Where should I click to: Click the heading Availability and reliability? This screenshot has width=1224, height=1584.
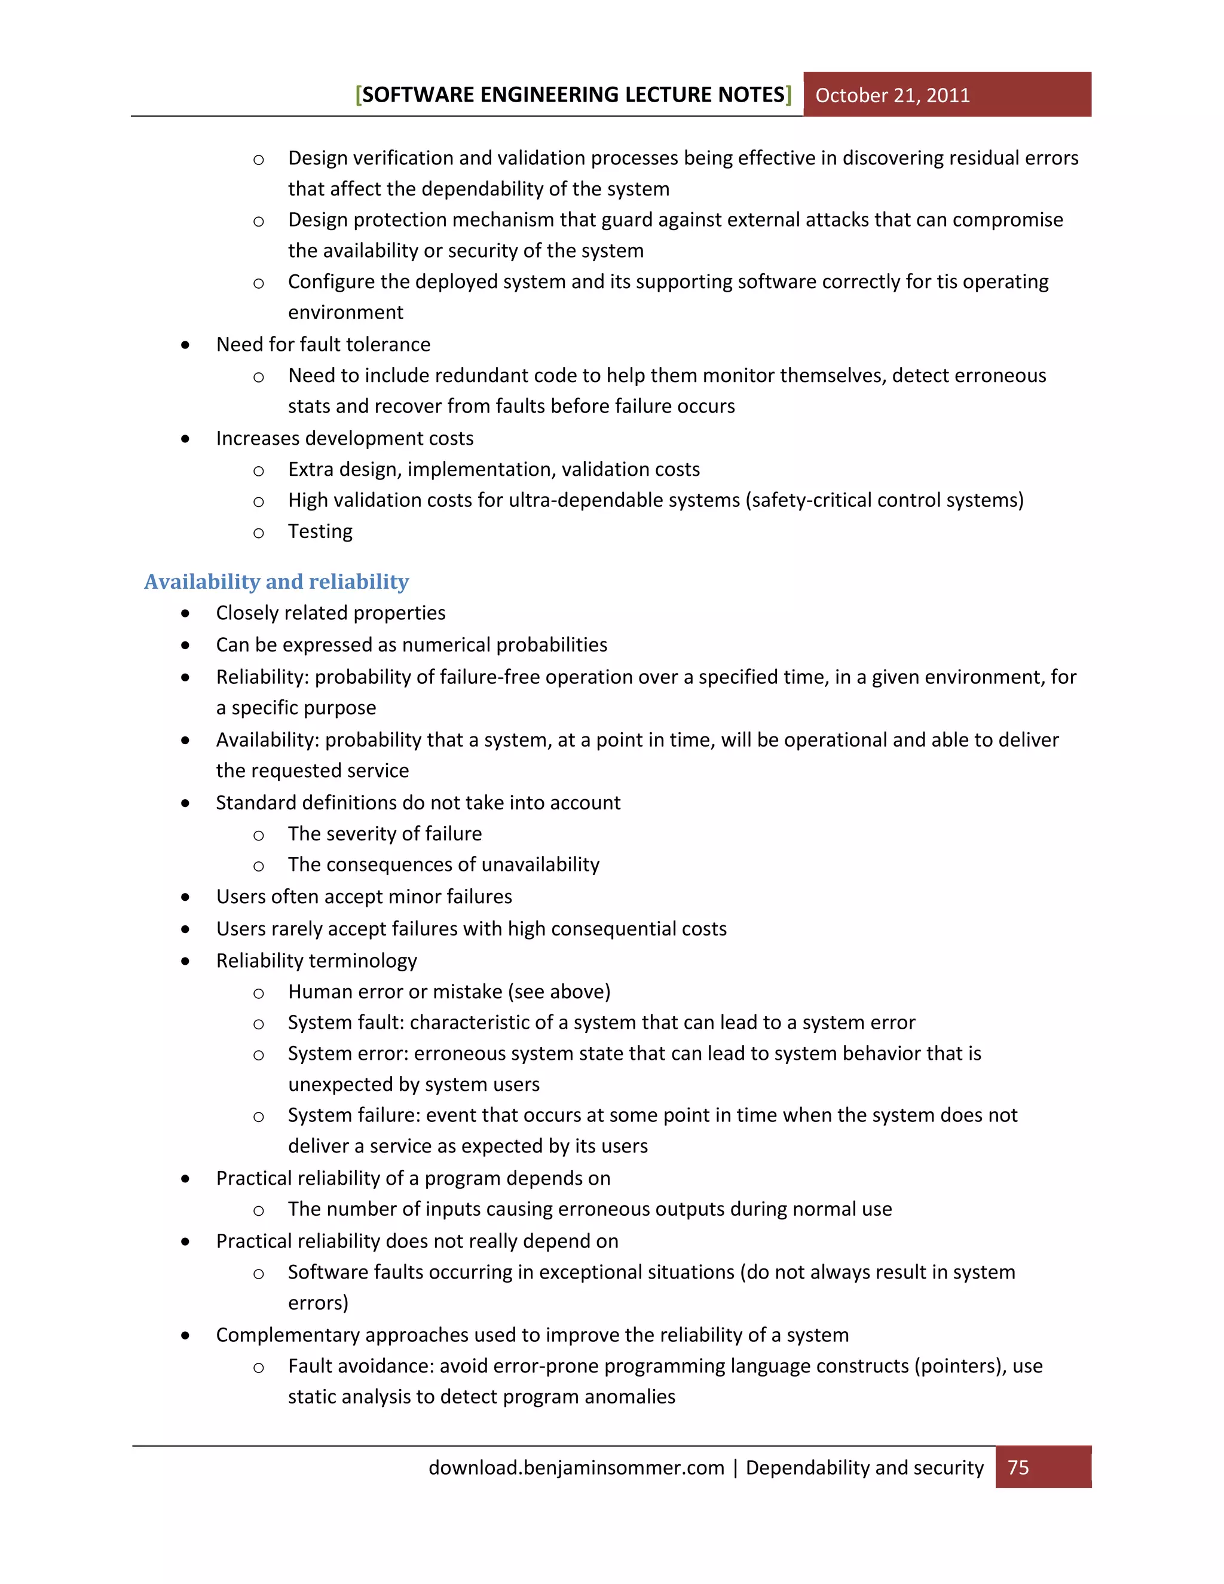[276, 582]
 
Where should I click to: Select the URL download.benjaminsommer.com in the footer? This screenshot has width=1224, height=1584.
[577, 1467]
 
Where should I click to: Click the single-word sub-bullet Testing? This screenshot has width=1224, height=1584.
[320, 531]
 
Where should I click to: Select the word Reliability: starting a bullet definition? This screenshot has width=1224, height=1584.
[262, 677]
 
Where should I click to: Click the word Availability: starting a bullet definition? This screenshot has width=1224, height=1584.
[268, 740]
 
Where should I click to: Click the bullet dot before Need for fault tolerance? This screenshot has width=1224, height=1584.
[186, 345]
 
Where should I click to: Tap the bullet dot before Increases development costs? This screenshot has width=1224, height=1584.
[186, 439]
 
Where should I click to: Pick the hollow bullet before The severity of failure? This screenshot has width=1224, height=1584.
[258, 836]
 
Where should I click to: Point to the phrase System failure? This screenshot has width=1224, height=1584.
[354, 1115]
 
